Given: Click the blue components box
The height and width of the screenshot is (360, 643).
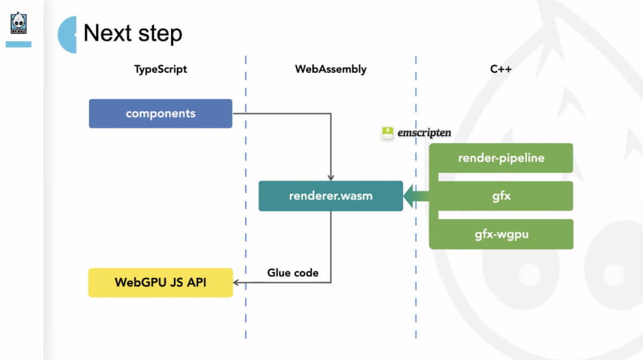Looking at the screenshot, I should click(x=160, y=114).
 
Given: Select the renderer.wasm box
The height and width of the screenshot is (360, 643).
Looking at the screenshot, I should click(x=331, y=196).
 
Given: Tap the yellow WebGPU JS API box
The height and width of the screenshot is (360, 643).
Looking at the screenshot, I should click(x=160, y=282).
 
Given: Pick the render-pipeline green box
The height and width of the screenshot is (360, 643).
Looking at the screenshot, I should click(x=501, y=158).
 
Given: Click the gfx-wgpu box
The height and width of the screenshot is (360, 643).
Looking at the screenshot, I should click(x=501, y=234).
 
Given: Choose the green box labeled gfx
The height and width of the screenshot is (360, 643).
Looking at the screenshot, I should click(x=501, y=196).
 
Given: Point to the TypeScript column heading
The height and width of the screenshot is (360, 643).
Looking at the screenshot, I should click(x=161, y=69).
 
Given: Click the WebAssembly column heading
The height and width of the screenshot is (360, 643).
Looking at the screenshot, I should click(x=331, y=69).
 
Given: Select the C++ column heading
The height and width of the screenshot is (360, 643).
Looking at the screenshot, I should click(x=500, y=69).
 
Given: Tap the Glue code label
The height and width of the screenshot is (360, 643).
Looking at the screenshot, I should click(x=293, y=273).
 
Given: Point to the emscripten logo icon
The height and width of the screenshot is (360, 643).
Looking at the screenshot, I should click(x=387, y=133).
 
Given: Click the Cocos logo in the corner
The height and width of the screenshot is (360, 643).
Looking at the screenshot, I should click(x=19, y=24).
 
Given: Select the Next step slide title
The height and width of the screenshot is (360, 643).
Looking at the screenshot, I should click(x=133, y=33).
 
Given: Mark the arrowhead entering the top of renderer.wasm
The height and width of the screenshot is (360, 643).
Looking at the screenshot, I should click(x=331, y=177).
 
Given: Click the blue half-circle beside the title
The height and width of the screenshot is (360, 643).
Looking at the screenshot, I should click(x=68, y=35).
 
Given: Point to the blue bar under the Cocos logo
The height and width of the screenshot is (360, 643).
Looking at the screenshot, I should click(x=19, y=44).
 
